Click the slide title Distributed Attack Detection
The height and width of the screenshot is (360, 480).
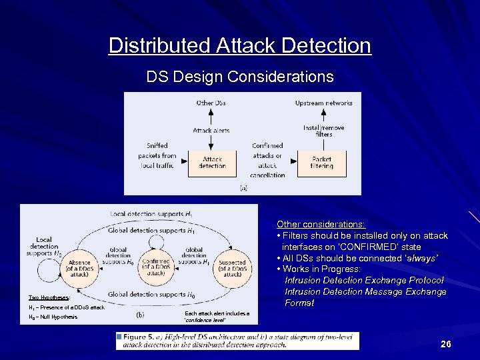click(x=239, y=45)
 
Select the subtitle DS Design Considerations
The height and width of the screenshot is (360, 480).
click(x=239, y=77)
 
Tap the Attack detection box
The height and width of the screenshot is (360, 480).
click(x=212, y=162)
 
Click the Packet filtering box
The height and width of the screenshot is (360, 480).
click(x=322, y=162)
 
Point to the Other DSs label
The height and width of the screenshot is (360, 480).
click(x=211, y=103)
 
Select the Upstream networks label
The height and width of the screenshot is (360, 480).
click(x=323, y=103)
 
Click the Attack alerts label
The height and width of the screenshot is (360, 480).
click(x=211, y=131)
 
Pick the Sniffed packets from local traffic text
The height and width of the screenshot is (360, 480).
click(x=157, y=155)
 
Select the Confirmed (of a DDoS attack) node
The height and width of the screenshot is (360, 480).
click(x=156, y=267)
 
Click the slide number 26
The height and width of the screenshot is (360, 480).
click(x=445, y=344)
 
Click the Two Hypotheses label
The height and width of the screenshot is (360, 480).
click(x=49, y=297)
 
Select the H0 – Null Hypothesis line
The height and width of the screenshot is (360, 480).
click(x=53, y=317)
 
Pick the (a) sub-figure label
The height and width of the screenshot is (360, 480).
click(x=243, y=188)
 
